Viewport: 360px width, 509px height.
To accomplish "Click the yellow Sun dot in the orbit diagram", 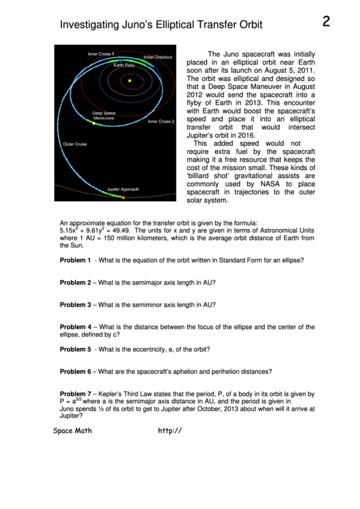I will pyautogui.click(x=129, y=81).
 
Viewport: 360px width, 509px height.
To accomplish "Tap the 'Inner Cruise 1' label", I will pyautogui.click(x=101, y=54).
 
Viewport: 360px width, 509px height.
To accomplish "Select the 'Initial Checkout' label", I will pyautogui.click(x=158, y=57).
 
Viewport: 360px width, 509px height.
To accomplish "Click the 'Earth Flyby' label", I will pyautogui.click(x=124, y=65).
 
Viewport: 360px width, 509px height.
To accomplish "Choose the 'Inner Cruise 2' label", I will pyautogui.click(x=161, y=122).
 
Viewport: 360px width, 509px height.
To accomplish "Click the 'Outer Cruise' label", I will pyautogui.click(x=75, y=144).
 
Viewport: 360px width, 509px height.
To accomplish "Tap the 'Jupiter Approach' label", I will pyautogui.click(x=122, y=189).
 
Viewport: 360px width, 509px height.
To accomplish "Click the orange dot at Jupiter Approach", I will pyautogui.click(x=123, y=197).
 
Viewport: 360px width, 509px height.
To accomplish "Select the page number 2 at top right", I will pyautogui.click(x=326, y=22).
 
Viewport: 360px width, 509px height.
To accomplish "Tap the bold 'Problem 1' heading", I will pyautogui.click(x=75, y=261).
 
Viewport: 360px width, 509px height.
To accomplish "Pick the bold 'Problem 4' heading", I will pyautogui.click(x=75, y=327).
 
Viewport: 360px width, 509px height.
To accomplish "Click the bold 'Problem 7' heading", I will pyautogui.click(x=75, y=394).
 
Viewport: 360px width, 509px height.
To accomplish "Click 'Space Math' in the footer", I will pyautogui.click(x=73, y=430).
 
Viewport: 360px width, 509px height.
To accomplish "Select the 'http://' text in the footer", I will pyautogui.click(x=170, y=430).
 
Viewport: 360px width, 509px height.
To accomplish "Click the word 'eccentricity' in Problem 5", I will pyautogui.click(x=160, y=349).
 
